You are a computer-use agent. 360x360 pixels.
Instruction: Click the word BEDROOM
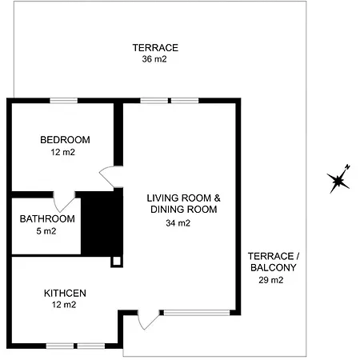click(65, 140)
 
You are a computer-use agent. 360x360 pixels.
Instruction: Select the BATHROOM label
click(47, 219)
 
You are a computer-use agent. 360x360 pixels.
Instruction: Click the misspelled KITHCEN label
click(65, 293)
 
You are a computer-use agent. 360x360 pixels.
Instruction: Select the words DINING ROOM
click(183, 210)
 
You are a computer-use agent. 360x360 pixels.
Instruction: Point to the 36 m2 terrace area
click(154, 58)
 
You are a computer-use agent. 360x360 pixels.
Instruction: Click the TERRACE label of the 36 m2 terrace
click(155, 47)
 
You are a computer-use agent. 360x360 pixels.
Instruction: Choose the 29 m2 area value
click(271, 280)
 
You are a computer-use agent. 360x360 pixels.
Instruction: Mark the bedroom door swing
click(108, 175)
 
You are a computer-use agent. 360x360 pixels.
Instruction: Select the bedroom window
click(64, 100)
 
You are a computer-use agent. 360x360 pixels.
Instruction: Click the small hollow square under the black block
click(117, 260)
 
